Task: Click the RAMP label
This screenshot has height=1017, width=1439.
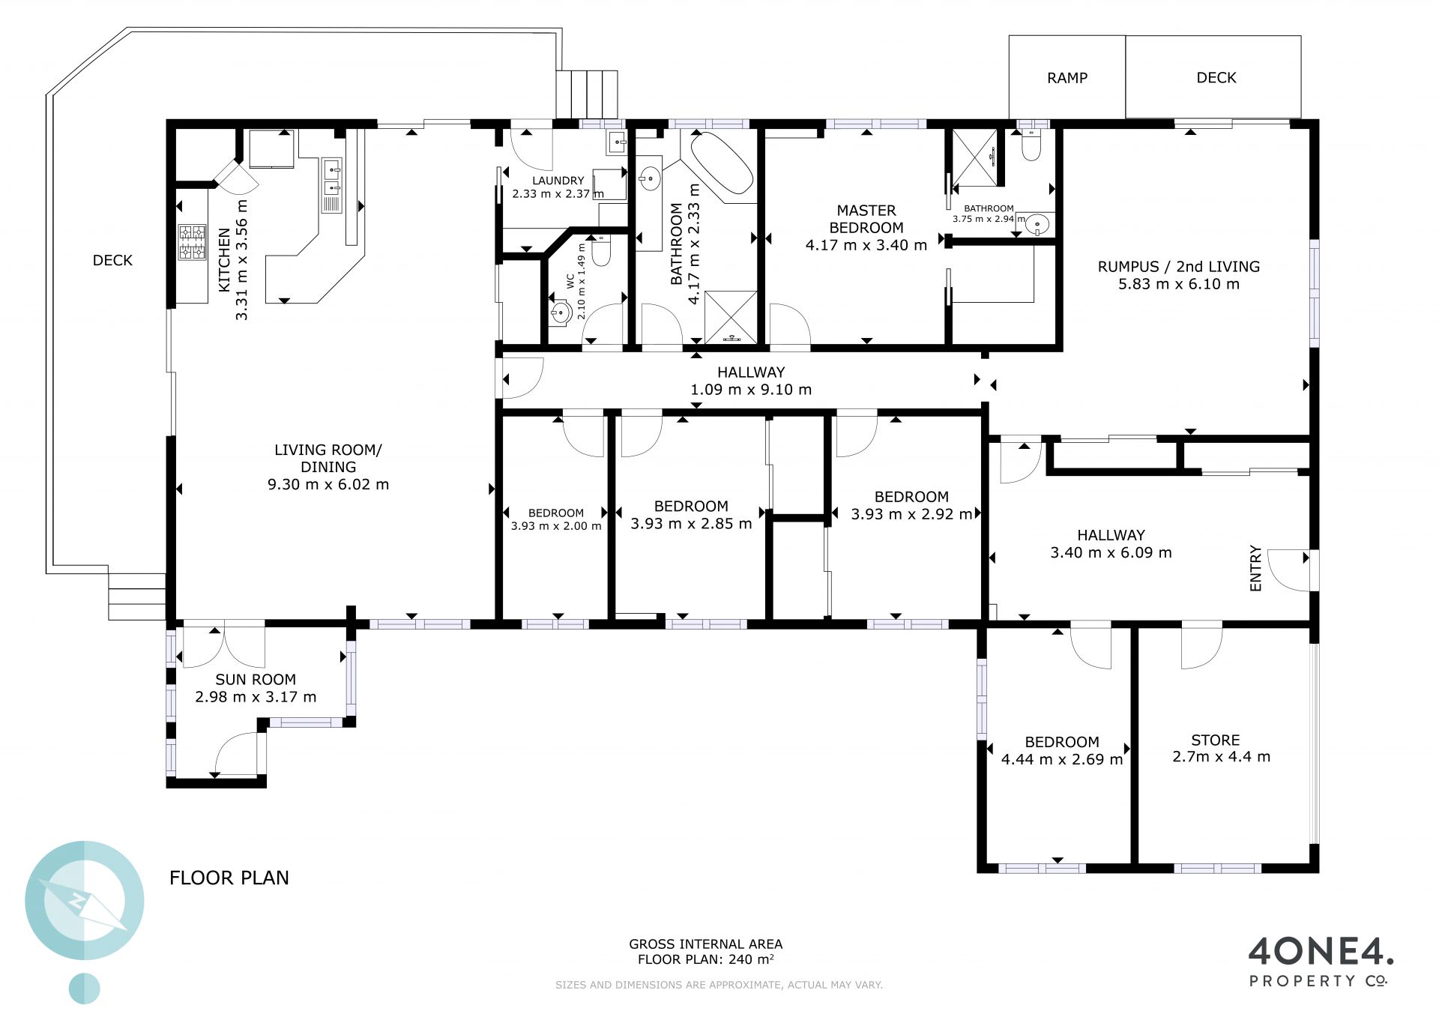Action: [1067, 78]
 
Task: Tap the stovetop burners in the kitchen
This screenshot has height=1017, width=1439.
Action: [192, 242]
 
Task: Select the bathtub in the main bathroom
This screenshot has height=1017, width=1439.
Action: [721, 163]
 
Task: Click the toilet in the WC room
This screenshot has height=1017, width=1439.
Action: [601, 250]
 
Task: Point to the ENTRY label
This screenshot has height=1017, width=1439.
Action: [1256, 568]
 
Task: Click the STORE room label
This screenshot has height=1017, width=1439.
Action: [1216, 740]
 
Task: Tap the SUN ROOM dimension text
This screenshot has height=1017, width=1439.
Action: [256, 697]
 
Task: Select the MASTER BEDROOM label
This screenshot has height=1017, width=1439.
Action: [866, 219]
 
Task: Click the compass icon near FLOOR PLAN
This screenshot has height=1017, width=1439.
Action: [84, 901]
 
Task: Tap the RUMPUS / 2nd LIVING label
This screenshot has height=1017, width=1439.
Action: [1179, 266]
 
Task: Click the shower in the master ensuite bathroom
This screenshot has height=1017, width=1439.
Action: [975, 157]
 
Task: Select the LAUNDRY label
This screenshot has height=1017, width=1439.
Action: [558, 181]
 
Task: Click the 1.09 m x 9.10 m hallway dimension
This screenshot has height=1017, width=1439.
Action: [751, 390]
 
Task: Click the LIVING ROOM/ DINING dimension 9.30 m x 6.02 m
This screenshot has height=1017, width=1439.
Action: [328, 485]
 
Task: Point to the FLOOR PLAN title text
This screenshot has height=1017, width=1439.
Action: [229, 878]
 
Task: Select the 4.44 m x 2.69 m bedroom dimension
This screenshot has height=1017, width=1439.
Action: [1062, 759]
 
